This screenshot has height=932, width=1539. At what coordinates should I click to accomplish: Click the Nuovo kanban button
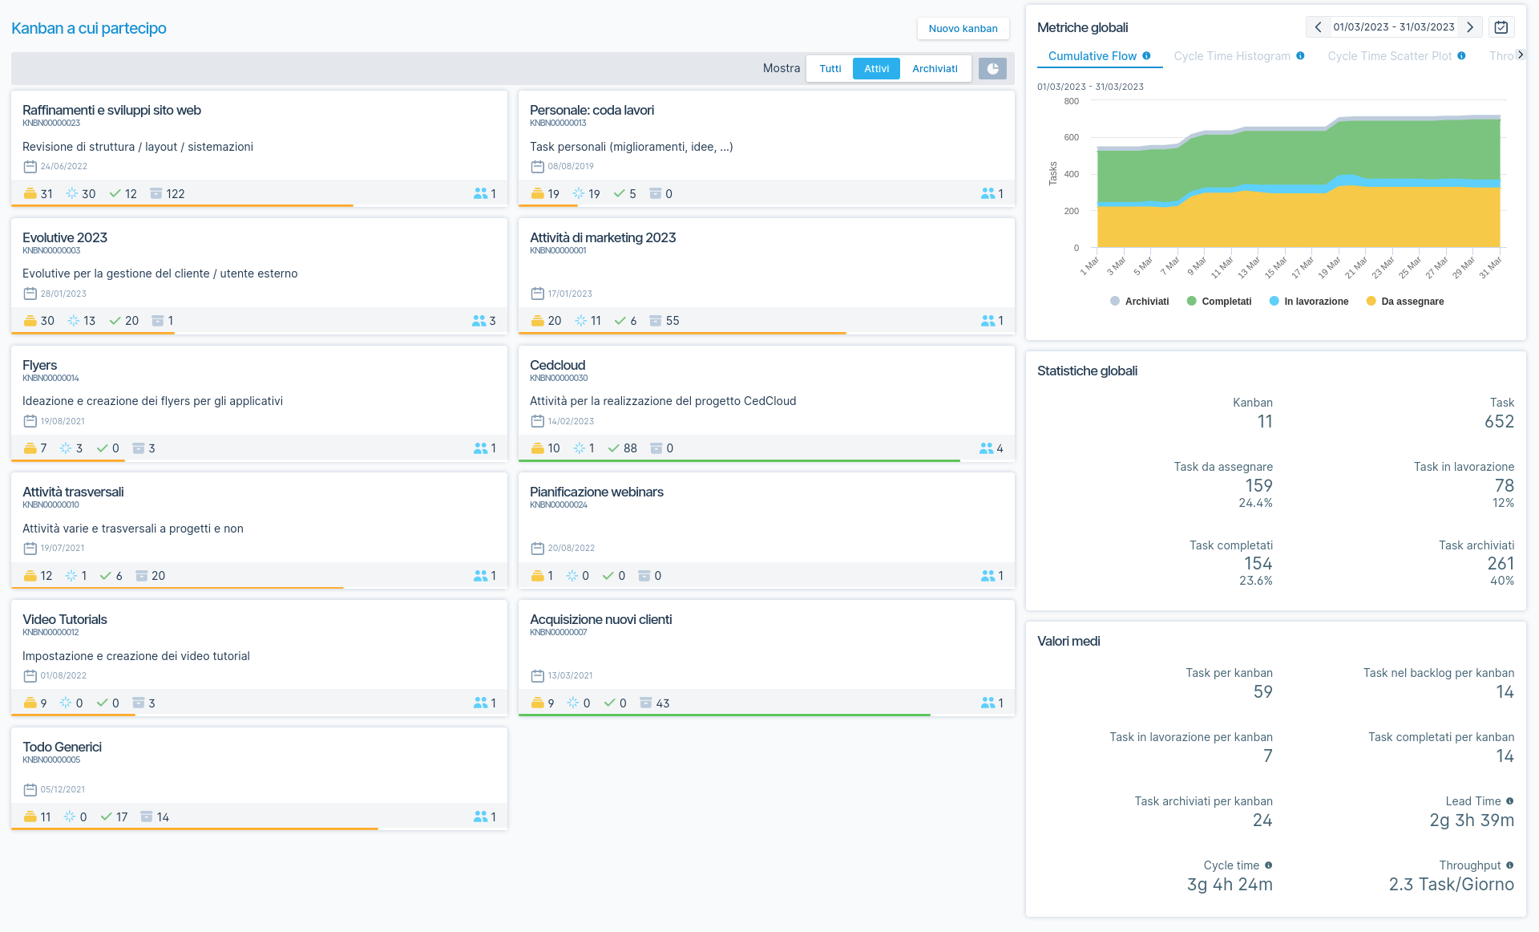click(x=963, y=29)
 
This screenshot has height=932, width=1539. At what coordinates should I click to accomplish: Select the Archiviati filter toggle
click(x=935, y=69)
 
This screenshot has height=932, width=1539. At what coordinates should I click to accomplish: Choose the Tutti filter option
click(x=830, y=69)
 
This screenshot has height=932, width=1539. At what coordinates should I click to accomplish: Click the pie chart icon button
click(x=992, y=69)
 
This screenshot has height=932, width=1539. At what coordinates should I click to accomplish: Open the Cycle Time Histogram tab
click(x=1232, y=56)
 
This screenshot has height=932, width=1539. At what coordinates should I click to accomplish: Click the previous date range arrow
click(x=1318, y=27)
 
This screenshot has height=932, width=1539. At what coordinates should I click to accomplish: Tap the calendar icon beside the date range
click(x=1501, y=27)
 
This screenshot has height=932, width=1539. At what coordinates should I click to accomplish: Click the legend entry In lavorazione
click(x=1315, y=302)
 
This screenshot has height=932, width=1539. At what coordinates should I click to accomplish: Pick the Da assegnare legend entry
click(x=1412, y=302)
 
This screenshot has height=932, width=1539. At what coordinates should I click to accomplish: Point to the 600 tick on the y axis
click(x=1071, y=137)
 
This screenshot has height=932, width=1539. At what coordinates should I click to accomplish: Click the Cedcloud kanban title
click(x=558, y=365)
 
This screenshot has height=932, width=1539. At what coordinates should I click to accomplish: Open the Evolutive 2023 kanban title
click(x=65, y=237)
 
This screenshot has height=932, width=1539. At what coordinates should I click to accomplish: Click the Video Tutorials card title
click(x=65, y=619)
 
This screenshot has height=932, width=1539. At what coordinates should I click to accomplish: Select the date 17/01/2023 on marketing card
click(x=570, y=294)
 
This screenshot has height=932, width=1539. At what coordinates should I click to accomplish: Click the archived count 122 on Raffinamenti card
click(x=175, y=194)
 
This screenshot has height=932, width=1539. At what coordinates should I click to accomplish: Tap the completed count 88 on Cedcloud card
click(x=630, y=448)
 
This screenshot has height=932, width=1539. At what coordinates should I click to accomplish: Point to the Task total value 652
click(x=1498, y=422)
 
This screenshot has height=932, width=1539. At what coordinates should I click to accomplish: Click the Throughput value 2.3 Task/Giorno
click(x=1451, y=885)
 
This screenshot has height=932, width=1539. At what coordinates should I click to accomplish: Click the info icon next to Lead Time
click(x=1509, y=801)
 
